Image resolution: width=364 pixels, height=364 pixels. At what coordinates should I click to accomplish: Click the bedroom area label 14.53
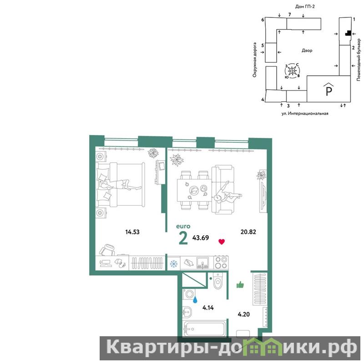pos(132,232)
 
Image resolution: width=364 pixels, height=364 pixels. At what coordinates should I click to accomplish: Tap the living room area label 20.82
pos(248,232)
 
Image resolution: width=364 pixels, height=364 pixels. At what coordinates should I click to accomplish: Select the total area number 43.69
pos(201,238)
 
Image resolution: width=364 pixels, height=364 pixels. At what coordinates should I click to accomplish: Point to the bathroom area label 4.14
pos(208,308)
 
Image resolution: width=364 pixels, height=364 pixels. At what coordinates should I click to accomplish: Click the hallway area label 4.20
pos(244,314)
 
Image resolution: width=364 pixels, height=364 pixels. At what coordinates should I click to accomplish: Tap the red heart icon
pos(222,242)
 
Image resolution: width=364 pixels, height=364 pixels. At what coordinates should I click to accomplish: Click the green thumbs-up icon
pos(240,285)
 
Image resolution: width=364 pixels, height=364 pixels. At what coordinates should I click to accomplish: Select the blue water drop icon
pos(195,300)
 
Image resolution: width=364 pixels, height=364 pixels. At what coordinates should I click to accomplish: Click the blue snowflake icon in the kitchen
pos(174,264)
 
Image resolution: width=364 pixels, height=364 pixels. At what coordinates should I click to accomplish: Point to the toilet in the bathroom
pos(218,281)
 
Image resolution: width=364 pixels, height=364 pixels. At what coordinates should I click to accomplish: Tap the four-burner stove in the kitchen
pos(221,263)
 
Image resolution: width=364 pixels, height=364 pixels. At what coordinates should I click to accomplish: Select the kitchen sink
pos(202,263)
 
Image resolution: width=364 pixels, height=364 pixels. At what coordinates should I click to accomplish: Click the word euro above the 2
pos(183,226)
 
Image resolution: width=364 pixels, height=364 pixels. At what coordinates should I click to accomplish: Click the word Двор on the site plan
pos(307,51)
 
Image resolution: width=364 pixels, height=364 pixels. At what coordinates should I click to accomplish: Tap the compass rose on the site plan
pos(292,71)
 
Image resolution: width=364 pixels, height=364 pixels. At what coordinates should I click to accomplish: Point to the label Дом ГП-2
pos(305,6)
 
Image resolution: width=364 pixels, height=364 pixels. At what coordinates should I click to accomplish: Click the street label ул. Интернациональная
pos(305,113)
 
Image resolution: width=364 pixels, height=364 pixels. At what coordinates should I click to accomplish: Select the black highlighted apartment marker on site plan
pos(348,33)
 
